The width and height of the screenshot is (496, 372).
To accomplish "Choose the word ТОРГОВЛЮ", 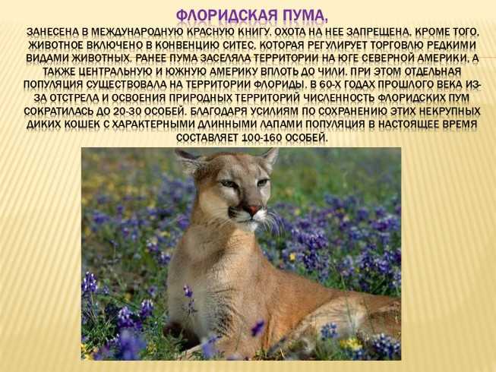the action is coord(397,46).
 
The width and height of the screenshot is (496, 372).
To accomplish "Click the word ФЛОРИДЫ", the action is coord(279,85).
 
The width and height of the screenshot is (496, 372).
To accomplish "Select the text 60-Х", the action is coord(331,85).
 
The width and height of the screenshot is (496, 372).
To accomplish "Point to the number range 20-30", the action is coord(125,112).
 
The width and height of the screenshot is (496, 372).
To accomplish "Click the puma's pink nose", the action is coord(254,210).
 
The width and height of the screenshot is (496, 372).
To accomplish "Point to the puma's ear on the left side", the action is coord(191,161).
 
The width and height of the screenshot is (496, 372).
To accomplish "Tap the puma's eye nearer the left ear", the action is coord(227,184).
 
